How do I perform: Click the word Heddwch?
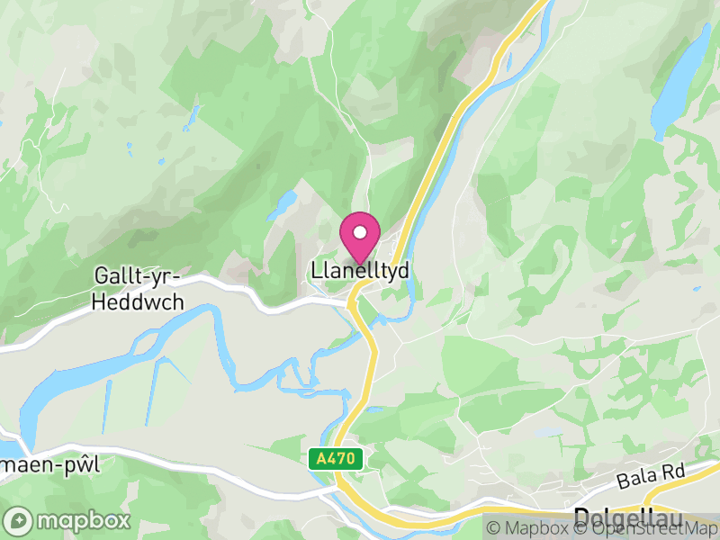[x=138, y=302]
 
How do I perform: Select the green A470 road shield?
[x=337, y=459]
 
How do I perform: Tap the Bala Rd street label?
[x=652, y=474]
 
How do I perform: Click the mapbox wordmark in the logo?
[x=82, y=520]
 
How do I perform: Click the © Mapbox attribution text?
[x=526, y=528]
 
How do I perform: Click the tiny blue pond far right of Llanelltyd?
[x=696, y=290]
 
